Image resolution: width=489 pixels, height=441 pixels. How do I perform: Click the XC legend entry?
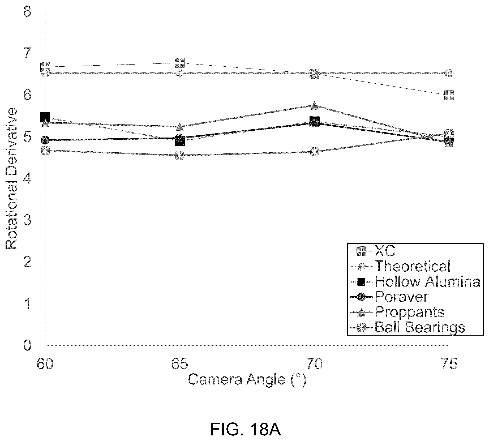(373, 251)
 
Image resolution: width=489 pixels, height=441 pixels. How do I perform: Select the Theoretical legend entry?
(400, 266)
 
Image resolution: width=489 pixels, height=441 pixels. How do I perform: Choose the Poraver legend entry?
(389, 297)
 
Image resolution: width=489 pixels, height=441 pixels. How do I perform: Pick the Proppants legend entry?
(397, 312)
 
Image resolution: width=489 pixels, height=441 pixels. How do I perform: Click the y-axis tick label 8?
(27, 12)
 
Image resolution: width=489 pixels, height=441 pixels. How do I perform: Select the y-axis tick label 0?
(27, 345)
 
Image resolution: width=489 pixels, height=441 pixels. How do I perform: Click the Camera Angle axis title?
(247, 380)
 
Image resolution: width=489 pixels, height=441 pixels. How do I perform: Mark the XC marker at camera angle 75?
(449, 95)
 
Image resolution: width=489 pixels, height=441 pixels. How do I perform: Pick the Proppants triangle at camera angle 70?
(315, 105)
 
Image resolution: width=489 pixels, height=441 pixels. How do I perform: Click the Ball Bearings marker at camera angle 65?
(180, 155)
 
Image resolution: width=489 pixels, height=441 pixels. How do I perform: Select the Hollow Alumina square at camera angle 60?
(45, 117)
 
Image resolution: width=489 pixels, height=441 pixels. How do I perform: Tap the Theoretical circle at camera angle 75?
(449, 73)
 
